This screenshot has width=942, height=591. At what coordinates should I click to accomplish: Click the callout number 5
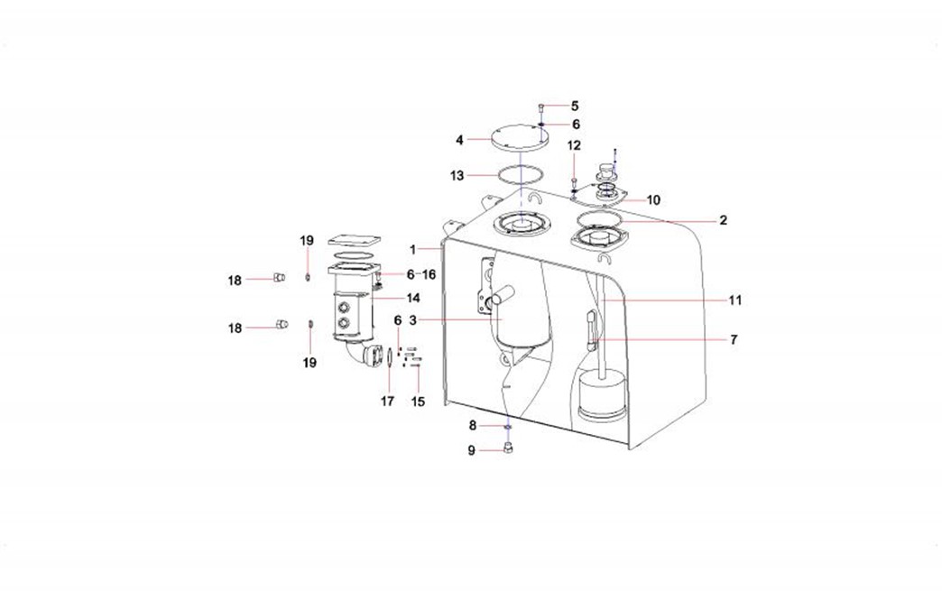pyautogui.click(x=575, y=106)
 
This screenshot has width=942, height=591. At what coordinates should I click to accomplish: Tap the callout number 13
pyautogui.click(x=457, y=176)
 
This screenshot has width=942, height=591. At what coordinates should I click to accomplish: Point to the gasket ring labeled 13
pyautogui.click(x=522, y=174)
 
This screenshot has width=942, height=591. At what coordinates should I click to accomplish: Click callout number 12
pyautogui.click(x=575, y=145)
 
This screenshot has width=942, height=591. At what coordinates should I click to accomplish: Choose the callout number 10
pyautogui.click(x=653, y=200)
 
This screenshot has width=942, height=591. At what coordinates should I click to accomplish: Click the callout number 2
pyautogui.click(x=724, y=220)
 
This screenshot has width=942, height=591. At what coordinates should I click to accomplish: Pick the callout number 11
pyautogui.click(x=735, y=300)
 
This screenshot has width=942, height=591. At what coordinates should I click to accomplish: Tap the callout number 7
pyautogui.click(x=734, y=340)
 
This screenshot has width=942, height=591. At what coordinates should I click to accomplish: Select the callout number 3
pyautogui.click(x=412, y=320)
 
